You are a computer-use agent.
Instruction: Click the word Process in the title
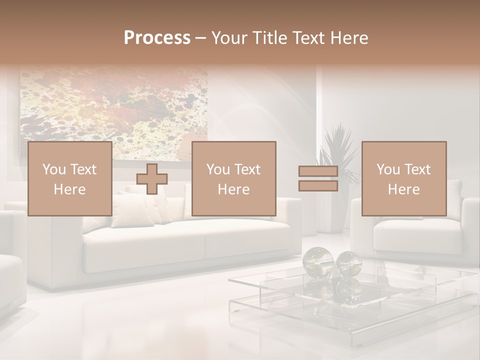157,38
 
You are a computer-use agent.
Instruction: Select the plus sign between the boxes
152,179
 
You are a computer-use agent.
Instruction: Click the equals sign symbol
318,178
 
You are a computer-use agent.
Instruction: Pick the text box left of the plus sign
69,178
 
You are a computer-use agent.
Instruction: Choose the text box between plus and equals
233,178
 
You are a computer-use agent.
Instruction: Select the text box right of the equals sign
404,178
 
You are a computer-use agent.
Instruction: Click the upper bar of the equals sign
318,171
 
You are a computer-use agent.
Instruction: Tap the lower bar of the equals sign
318,186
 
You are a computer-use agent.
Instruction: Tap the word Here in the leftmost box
69,189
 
